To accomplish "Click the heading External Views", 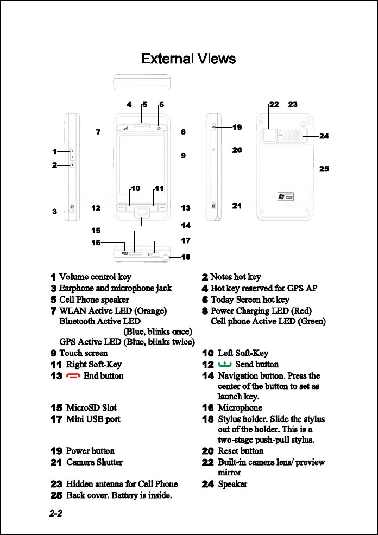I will pyautogui.click(x=188, y=59).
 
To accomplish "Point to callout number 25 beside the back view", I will pyautogui.click(x=324, y=169).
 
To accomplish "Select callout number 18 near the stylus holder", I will pyautogui.click(x=186, y=257).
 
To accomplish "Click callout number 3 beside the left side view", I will pyautogui.click(x=55, y=212).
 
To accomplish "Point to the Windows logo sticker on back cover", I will pyautogui.click(x=286, y=196).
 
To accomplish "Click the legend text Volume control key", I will pyautogui.click(x=95, y=277).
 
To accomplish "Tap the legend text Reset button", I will pyautogui.click(x=240, y=451).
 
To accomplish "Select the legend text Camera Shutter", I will pyautogui.click(x=94, y=462).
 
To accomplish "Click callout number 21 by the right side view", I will pyautogui.click(x=237, y=206).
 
